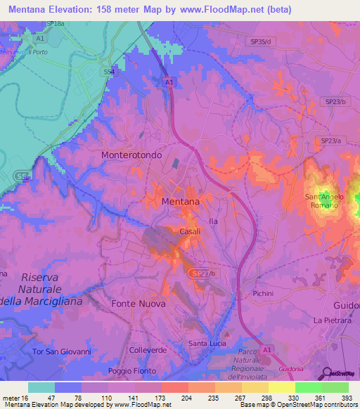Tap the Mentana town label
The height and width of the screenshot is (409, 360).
[x=180, y=201]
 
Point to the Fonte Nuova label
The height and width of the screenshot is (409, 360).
[x=139, y=304]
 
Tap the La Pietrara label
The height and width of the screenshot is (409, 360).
[x=331, y=320]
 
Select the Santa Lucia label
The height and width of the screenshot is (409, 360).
[x=206, y=343]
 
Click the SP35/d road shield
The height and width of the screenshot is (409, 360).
[x=262, y=42]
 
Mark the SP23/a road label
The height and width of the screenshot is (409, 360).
[x=330, y=141]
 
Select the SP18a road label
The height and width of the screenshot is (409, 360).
[x=56, y=24]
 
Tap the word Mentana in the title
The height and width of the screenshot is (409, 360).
[x=27, y=9]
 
